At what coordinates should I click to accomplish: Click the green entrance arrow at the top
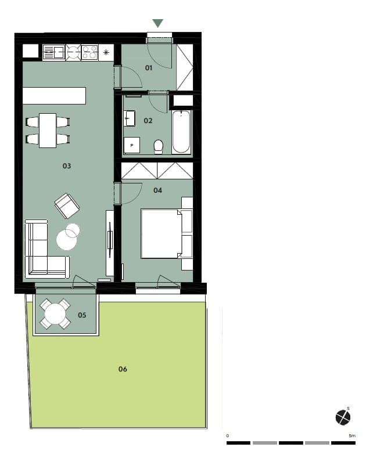pyautogui.click(x=158, y=23)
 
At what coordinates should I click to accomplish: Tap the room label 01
pyautogui.click(x=149, y=68)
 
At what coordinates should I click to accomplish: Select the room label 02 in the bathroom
pyautogui.click(x=148, y=121)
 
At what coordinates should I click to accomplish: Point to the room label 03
pyautogui.click(x=67, y=166)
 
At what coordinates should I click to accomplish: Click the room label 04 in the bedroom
pyautogui.click(x=157, y=190)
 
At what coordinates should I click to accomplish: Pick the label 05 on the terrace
pyautogui.click(x=82, y=315)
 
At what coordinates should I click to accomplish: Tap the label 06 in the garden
pyautogui.click(x=123, y=369)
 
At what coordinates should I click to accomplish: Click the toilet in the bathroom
pyautogui.click(x=159, y=147)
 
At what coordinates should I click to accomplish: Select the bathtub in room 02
pyautogui.click(x=181, y=131)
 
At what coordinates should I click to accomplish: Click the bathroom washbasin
pyautogui.click(x=129, y=118)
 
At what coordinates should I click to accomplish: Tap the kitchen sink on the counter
pyautogui.click(x=54, y=52)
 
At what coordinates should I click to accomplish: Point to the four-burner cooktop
pyautogui.click(x=89, y=52)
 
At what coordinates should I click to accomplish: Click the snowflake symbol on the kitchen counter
pyautogui.click(x=106, y=53)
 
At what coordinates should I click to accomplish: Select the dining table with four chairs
pyautogui.click(x=48, y=131)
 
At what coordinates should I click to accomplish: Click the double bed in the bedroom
pyautogui.click(x=162, y=234)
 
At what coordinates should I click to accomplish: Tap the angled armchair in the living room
pyautogui.click(x=67, y=205)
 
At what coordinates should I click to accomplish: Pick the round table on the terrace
pyautogui.click(x=55, y=314)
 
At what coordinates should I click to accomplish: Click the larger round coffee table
pyautogui.click(x=67, y=240)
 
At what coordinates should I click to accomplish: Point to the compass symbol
pyautogui.click(x=343, y=417)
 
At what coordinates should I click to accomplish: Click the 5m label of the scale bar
pyautogui.click(x=352, y=436)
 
